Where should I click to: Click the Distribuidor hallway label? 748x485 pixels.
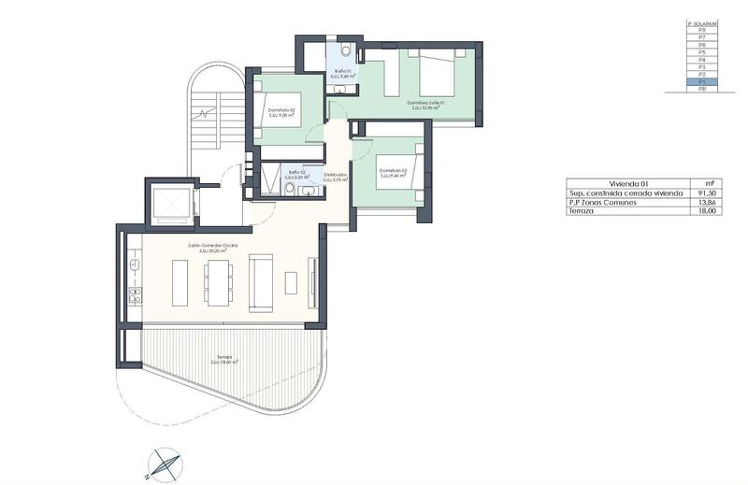tap(336, 175)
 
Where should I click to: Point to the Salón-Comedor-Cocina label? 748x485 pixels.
tap(212, 245)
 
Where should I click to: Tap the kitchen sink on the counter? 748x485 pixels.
tap(135, 265)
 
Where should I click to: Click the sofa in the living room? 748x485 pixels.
tap(259, 284)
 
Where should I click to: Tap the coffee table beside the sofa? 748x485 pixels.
tap(291, 282)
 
